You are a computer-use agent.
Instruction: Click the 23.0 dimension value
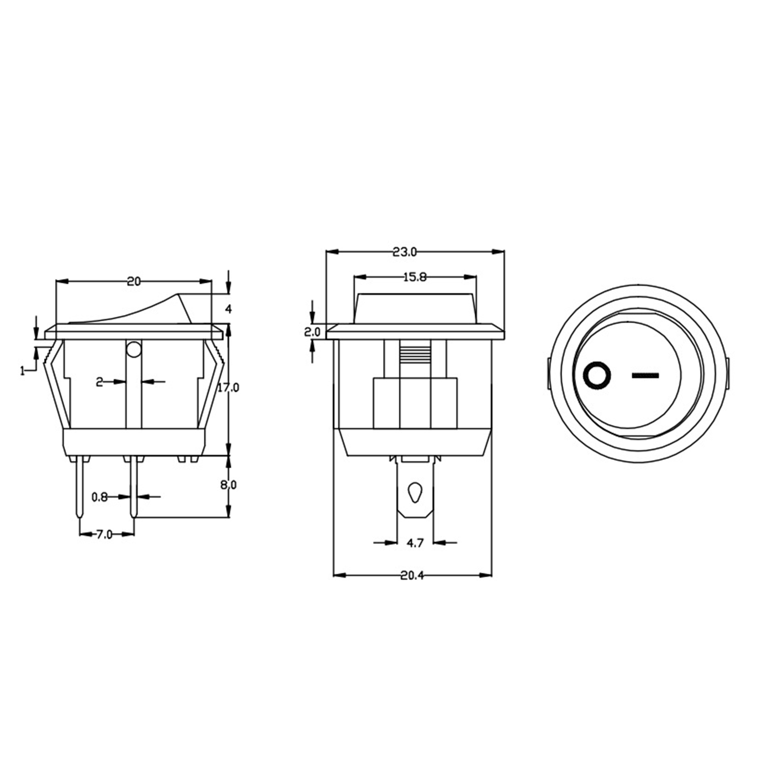[405, 252]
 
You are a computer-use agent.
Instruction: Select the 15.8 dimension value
[415, 277]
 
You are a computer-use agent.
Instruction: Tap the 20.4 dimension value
[412, 575]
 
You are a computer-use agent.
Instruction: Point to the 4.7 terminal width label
[415, 543]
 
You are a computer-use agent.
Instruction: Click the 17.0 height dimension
[228, 387]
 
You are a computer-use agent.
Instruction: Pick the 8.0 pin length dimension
[228, 485]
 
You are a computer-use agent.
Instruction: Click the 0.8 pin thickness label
[99, 497]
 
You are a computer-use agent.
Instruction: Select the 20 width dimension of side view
[134, 282]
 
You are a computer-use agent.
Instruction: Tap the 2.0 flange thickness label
[312, 331]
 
